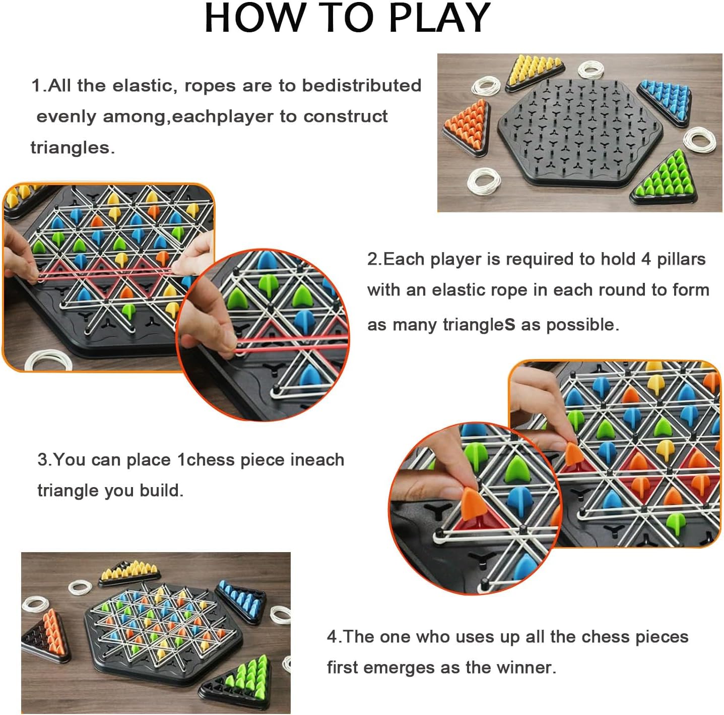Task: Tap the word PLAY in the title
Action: pyautogui.click(x=439, y=18)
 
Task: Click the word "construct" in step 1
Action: pyautogui.click(x=345, y=116)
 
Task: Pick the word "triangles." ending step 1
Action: pyautogui.click(x=73, y=148)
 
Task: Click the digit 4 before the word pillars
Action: pyautogui.click(x=645, y=260)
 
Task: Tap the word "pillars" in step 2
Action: pyautogui.click(x=681, y=260)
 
